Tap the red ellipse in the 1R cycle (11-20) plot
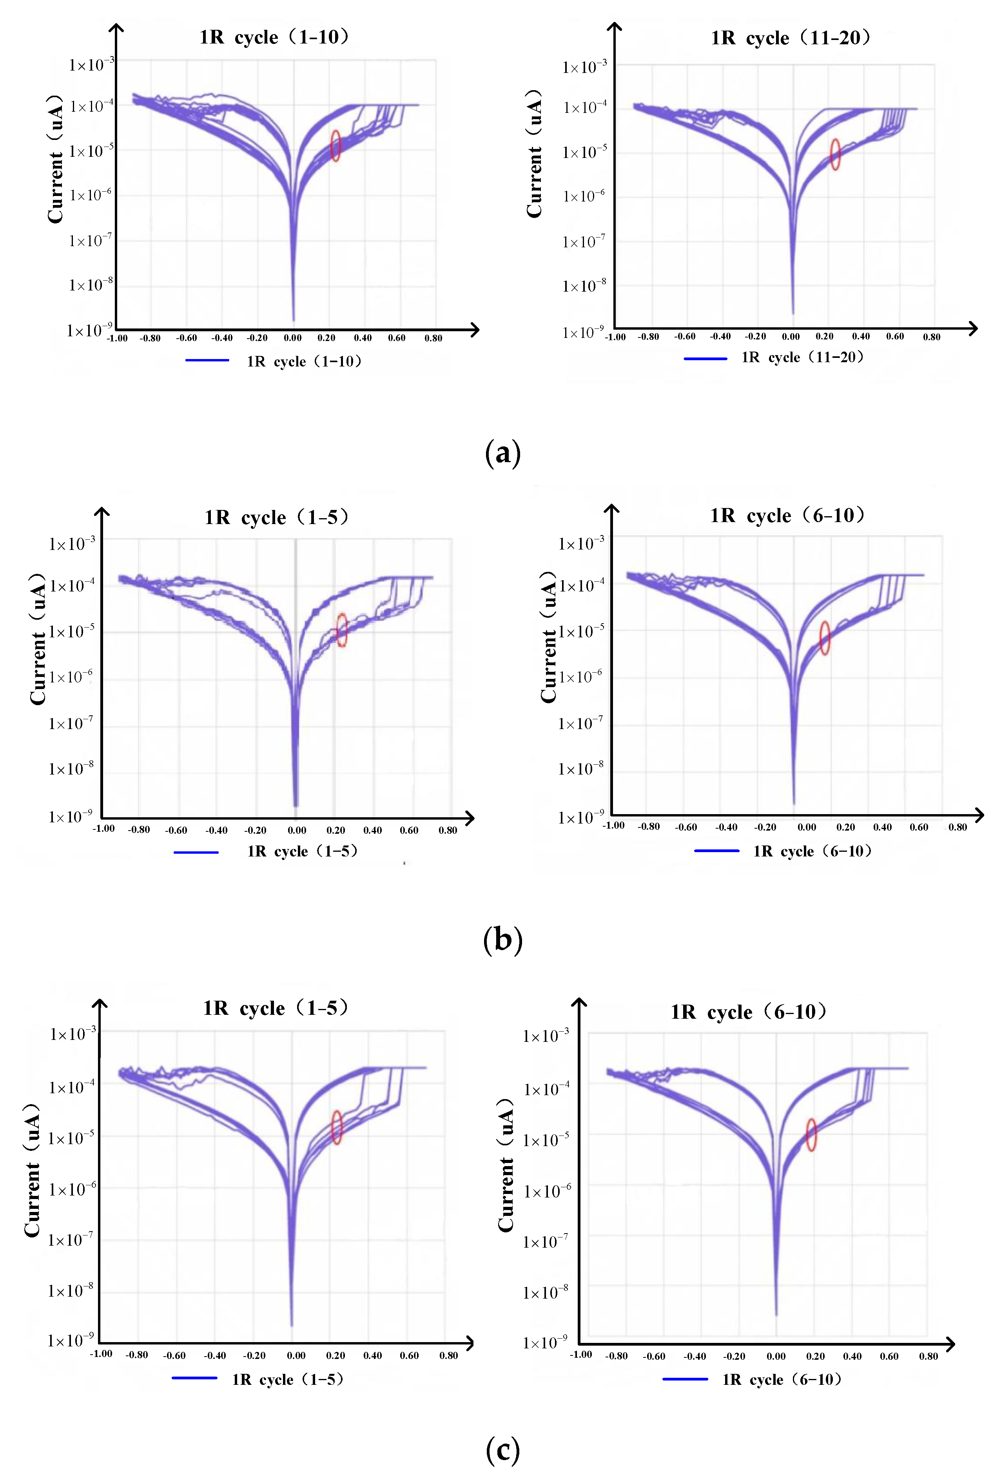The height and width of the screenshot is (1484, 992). pos(835,154)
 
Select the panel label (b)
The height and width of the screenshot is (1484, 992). pos(503,940)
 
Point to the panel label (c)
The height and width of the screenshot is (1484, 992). pos(503,1449)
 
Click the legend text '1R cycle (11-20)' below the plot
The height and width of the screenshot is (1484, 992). pos(802,357)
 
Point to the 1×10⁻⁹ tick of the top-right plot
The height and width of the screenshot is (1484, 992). pos(583,332)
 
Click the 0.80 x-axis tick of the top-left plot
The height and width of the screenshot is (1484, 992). pos(433,338)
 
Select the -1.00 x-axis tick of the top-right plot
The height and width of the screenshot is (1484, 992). pos(615,337)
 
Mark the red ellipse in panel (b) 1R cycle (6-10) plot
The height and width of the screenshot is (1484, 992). pos(825,638)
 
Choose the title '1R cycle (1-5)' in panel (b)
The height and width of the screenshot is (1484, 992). pos(276,517)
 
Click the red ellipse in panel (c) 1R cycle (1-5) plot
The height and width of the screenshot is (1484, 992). pos(337,1127)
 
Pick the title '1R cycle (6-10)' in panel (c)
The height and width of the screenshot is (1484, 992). pos(749,1012)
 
